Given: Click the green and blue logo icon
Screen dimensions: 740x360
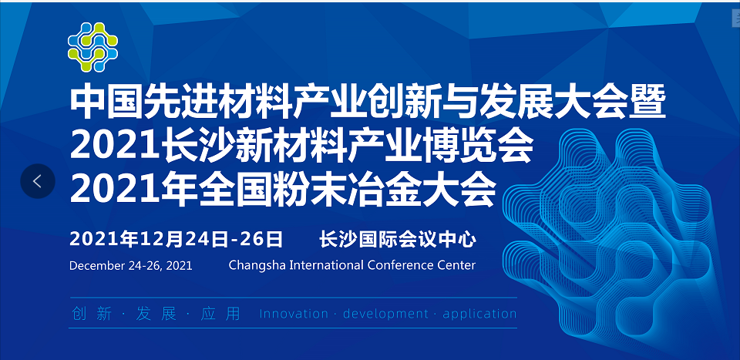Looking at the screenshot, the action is tap(92, 47).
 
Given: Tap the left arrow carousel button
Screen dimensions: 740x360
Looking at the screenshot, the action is tap(38, 180).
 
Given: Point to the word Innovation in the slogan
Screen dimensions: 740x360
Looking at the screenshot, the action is tap(294, 314).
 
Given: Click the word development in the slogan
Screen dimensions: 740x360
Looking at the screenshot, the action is tap(385, 314).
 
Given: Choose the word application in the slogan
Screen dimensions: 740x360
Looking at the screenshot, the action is tap(479, 315).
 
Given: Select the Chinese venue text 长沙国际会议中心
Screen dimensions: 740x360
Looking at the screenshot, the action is tap(398, 239).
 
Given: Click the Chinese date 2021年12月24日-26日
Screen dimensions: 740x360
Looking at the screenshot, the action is tap(176, 239).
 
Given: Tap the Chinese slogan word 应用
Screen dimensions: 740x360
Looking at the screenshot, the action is tap(220, 314).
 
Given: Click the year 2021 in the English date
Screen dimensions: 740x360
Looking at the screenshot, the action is tap(179, 266).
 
